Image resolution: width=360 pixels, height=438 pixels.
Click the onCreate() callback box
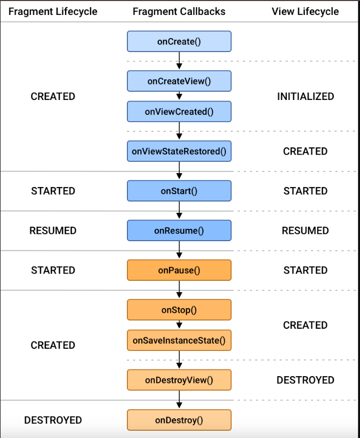(x=179, y=41)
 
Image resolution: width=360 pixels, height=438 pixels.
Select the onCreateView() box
(x=179, y=81)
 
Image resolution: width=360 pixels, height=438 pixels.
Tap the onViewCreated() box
(x=179, y=111)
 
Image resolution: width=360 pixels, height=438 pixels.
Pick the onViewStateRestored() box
(x=179, y=151)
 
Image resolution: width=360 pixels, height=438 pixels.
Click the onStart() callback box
(x=179, y=191)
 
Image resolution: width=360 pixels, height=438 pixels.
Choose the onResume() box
(x=179, y=230)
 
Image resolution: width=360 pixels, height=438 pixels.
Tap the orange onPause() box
(x=179, y=270)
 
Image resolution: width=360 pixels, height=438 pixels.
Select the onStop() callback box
(x=179, y=310)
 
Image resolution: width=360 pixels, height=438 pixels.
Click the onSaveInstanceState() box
(x=179, y=340)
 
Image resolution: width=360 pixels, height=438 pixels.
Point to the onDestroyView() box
(x=179, y=380)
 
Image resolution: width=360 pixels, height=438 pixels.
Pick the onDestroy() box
(x=179, y=420)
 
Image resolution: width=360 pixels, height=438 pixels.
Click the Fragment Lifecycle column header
(x=53, y=11)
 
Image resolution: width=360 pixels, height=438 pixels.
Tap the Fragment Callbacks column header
(x=179, y=11)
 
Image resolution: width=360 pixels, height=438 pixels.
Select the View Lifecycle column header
(x=305, y=11)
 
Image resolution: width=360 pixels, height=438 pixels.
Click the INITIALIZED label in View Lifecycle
(x=305, y=96)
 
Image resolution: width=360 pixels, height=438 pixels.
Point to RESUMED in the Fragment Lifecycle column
(x=53, y=230)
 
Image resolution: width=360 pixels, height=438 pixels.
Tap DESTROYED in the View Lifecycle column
(x=305, y=380)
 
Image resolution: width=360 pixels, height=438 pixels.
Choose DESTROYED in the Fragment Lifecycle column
(x=53, y=420)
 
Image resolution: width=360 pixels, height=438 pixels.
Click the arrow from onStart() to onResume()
(x=179, y=210)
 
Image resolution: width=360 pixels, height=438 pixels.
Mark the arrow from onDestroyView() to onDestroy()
(x=179, y=400)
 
